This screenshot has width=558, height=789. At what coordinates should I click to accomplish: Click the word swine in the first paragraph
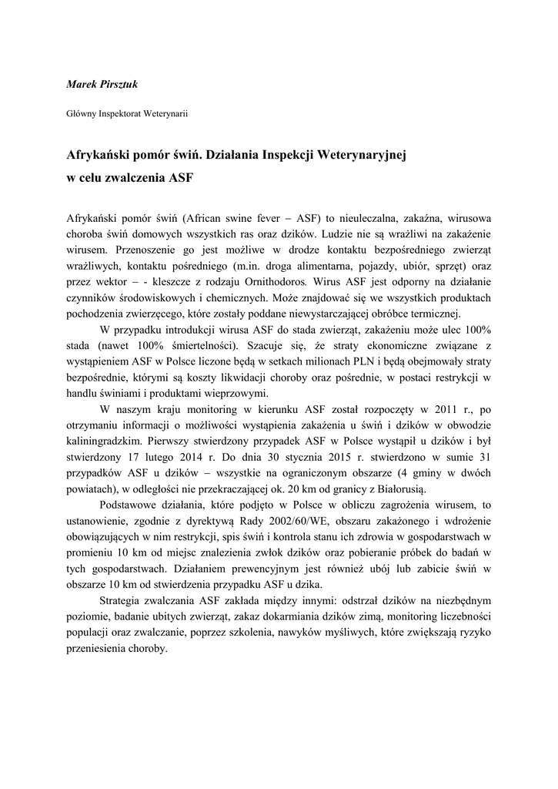(233, 217)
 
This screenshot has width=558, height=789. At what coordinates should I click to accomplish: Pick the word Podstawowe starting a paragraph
(133, 505)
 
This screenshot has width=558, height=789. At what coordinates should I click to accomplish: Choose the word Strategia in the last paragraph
(123, 600)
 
